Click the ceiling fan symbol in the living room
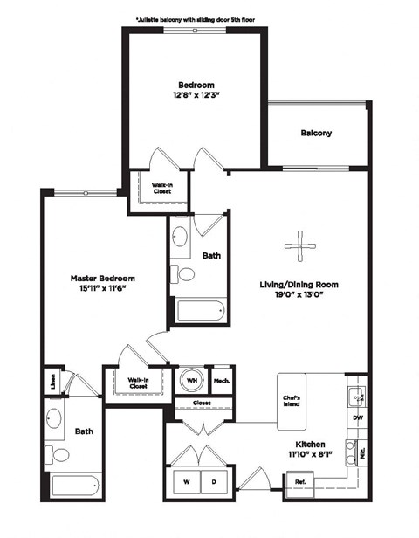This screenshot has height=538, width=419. (300, 245)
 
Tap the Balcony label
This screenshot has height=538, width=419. (316, 134)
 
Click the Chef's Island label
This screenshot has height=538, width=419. (292, 399)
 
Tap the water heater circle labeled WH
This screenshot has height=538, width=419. (191, 381)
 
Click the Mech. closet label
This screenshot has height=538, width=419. (222, 381)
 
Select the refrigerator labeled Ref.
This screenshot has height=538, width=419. (299, 481)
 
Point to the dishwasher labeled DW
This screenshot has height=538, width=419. (358, 417)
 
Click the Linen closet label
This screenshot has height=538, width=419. (52, 381)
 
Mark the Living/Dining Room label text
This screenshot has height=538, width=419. (299, 285)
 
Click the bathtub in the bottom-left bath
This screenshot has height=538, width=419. (76, 486)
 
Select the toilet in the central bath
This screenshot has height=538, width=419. (185, 274)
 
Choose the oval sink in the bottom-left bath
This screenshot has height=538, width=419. (53, 418)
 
